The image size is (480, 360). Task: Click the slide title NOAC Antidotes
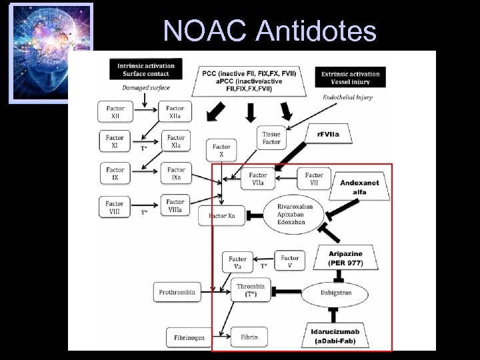[x=270, y=30]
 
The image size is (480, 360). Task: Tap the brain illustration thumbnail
[x=50, y=53]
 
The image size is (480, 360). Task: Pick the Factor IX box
[x=115, y=173]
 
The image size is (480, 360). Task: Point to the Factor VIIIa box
[x=175, y=205]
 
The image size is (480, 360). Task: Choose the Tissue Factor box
[x=272, y=137]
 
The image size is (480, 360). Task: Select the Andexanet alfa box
[x=359, y=187]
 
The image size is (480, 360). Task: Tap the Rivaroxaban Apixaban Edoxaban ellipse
[x=289, y=213]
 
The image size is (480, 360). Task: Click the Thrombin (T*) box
[x=251, y=291]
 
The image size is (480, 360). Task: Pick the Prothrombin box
[x=177, y=291]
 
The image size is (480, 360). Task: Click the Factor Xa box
[x=221, y=216]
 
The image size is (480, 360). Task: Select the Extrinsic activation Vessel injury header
[x=351, y=79]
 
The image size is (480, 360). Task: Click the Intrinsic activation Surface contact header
[x=146, y=70]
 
